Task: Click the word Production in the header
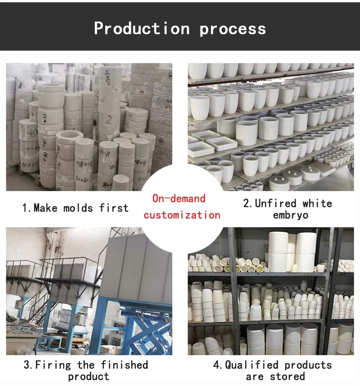141,28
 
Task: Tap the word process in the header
232,29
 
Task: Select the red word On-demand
179,198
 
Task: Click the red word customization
182,215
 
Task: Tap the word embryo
290,215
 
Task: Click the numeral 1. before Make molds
26,208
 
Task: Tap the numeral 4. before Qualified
218,365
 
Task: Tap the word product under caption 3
88,376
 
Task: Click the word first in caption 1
114,208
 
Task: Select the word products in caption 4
307,365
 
